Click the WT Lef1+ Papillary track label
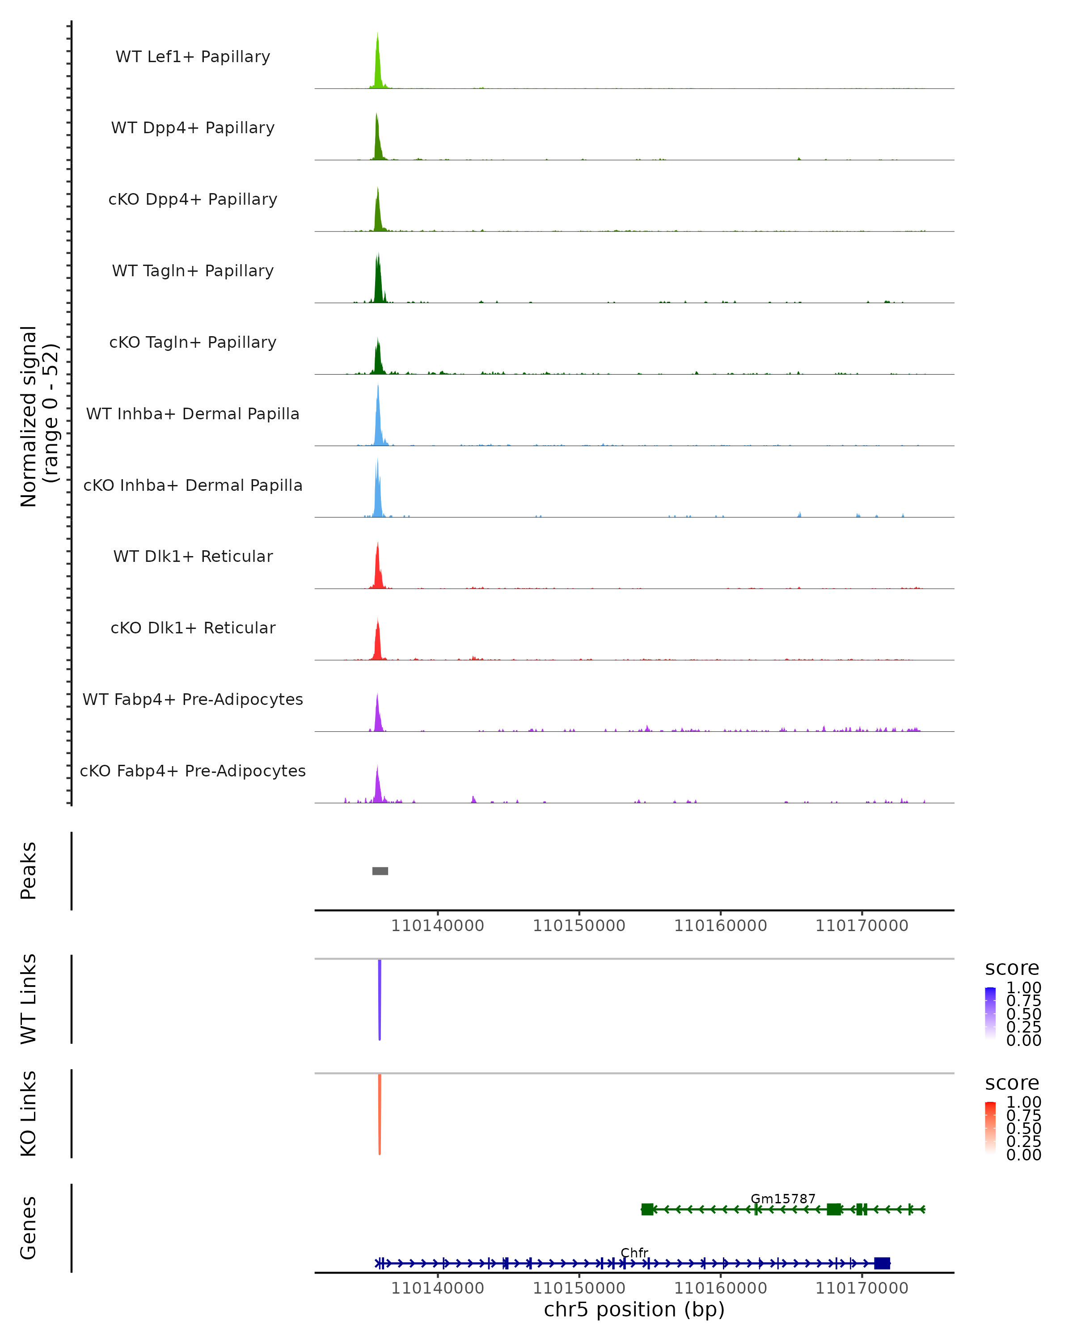(193, 57)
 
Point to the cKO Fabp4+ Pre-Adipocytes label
(193, 771)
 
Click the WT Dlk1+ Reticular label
(193, 556)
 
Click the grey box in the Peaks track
(380, 871)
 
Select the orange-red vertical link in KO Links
(380, 1114)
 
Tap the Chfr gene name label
(634, 1252)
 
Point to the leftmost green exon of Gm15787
(647, 1209)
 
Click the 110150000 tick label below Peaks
(579, 926)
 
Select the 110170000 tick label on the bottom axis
(862, 1288)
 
